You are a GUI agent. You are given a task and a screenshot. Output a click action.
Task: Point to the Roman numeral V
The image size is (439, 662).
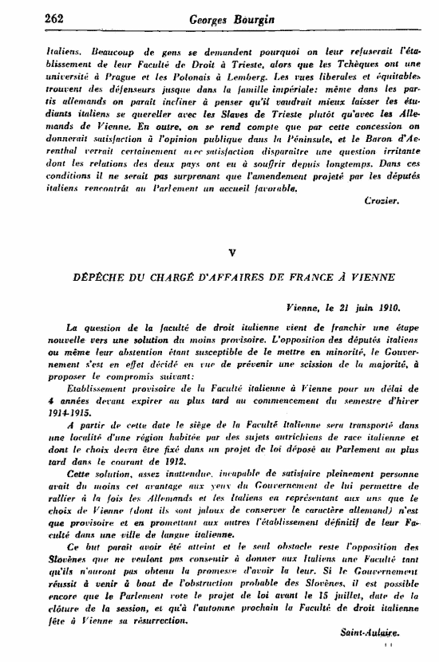(x=231, y=252)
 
